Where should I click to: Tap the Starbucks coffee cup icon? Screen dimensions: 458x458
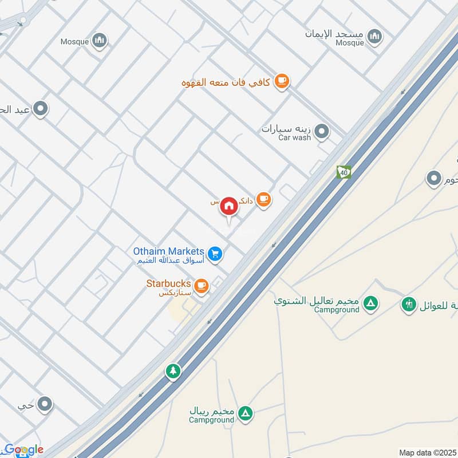coord(201,285)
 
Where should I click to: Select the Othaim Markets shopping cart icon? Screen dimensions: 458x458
coord(215,253)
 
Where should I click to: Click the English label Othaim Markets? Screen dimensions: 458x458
coord(168,251)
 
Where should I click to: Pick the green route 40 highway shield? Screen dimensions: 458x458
coord(343,172)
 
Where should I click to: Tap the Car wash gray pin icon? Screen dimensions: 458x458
coord(322,132)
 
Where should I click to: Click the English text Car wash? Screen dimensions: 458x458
coord(294,137)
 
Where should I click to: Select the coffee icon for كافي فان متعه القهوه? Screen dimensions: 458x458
coord(281,82)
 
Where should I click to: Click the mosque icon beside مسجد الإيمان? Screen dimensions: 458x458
coord(375,37)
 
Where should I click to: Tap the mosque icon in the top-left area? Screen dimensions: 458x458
coord(100,40)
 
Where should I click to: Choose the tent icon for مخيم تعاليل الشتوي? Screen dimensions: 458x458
coord(371,303)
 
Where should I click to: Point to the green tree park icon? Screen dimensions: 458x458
coord(173,371)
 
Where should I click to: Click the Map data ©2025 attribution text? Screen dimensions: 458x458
coord(427,453)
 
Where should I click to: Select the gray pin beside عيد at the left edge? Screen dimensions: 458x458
coord(40,108)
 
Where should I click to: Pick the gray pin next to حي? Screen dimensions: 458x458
coord(45,405)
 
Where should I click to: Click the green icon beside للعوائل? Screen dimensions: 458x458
coord(409,304)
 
